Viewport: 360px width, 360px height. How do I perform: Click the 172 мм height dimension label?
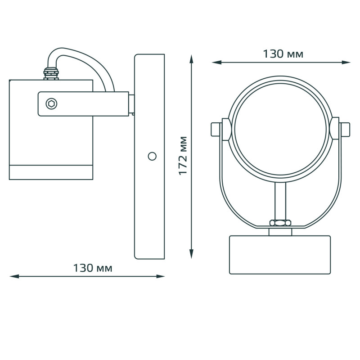click(183, 156)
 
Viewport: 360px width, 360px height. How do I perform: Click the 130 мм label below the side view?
click(93, 268)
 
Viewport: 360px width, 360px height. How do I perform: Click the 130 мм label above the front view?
click(283, 54)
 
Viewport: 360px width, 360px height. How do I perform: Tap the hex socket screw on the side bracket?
click(51, 104)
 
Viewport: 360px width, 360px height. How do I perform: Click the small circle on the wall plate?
click(152, 156)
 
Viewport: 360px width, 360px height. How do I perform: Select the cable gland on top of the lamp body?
click(51, 73)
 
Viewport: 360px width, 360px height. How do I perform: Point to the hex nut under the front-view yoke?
click(280, 222)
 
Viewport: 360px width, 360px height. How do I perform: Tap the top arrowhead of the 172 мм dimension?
click(191, 58)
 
